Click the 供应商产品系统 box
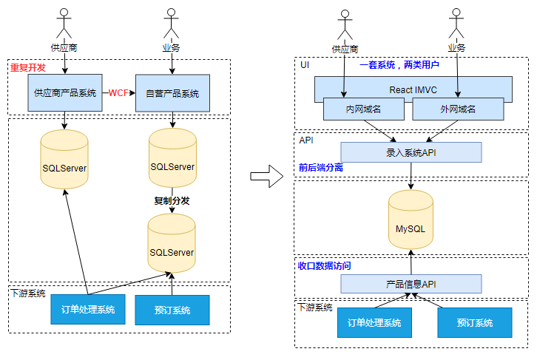click(65, 93)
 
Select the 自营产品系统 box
click(172, 93)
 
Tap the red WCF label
click(118, 93)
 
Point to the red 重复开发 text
click(27, 68)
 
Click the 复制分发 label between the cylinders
click(172, 200)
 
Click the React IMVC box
click(412, 89)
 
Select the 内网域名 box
click(364, 109)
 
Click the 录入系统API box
click(411, 152)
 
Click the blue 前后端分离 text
click(321, 168)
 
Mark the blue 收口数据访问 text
click(325, 265)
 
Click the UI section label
click(305, 65)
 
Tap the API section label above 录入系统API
click(306, 140)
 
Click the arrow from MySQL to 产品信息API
click(411, 262)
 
